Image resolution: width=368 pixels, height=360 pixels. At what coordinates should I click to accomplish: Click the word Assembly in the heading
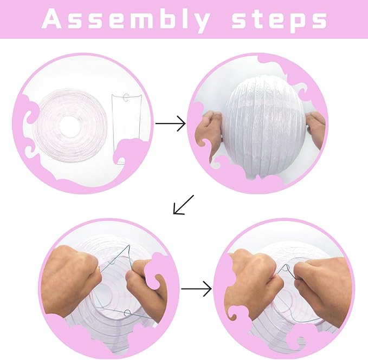pos(126,19)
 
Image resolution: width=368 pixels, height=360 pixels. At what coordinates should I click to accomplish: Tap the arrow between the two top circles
pos(171,123)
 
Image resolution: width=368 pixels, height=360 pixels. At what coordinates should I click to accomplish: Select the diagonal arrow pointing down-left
pos(184,205)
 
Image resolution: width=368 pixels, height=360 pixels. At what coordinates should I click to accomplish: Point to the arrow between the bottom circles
pos(196,289)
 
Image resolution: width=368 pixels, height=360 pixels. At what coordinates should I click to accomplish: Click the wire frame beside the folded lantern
pos(126,129)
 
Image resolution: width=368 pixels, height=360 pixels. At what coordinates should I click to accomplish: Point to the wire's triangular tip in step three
pos(128,246)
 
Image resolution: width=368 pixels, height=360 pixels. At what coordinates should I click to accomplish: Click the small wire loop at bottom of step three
pos(127,312)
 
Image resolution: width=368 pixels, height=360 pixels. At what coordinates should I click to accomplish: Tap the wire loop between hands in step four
pos(286,267)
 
